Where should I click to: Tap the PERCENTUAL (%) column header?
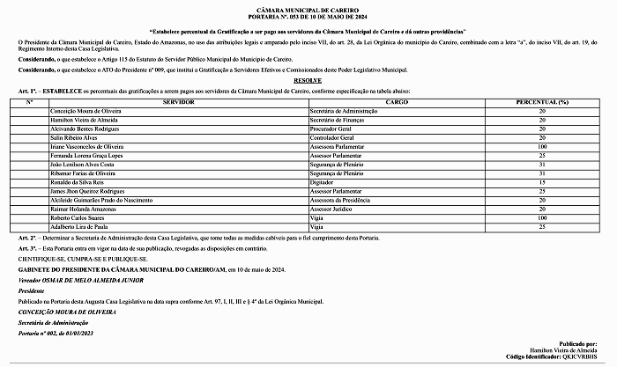click(542, 103)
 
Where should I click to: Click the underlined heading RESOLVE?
click(308, 78)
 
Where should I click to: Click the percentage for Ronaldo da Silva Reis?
click(542, 181)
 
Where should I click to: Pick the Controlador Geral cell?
click(331, 137)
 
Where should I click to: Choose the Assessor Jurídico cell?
click(331, 208)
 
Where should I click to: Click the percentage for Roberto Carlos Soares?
click(542, 217)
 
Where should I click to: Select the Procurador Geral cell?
click(330, 128)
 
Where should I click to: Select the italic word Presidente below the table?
click(31, 290)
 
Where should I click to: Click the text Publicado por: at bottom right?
click(584, 343)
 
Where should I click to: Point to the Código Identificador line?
click(560, 357)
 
